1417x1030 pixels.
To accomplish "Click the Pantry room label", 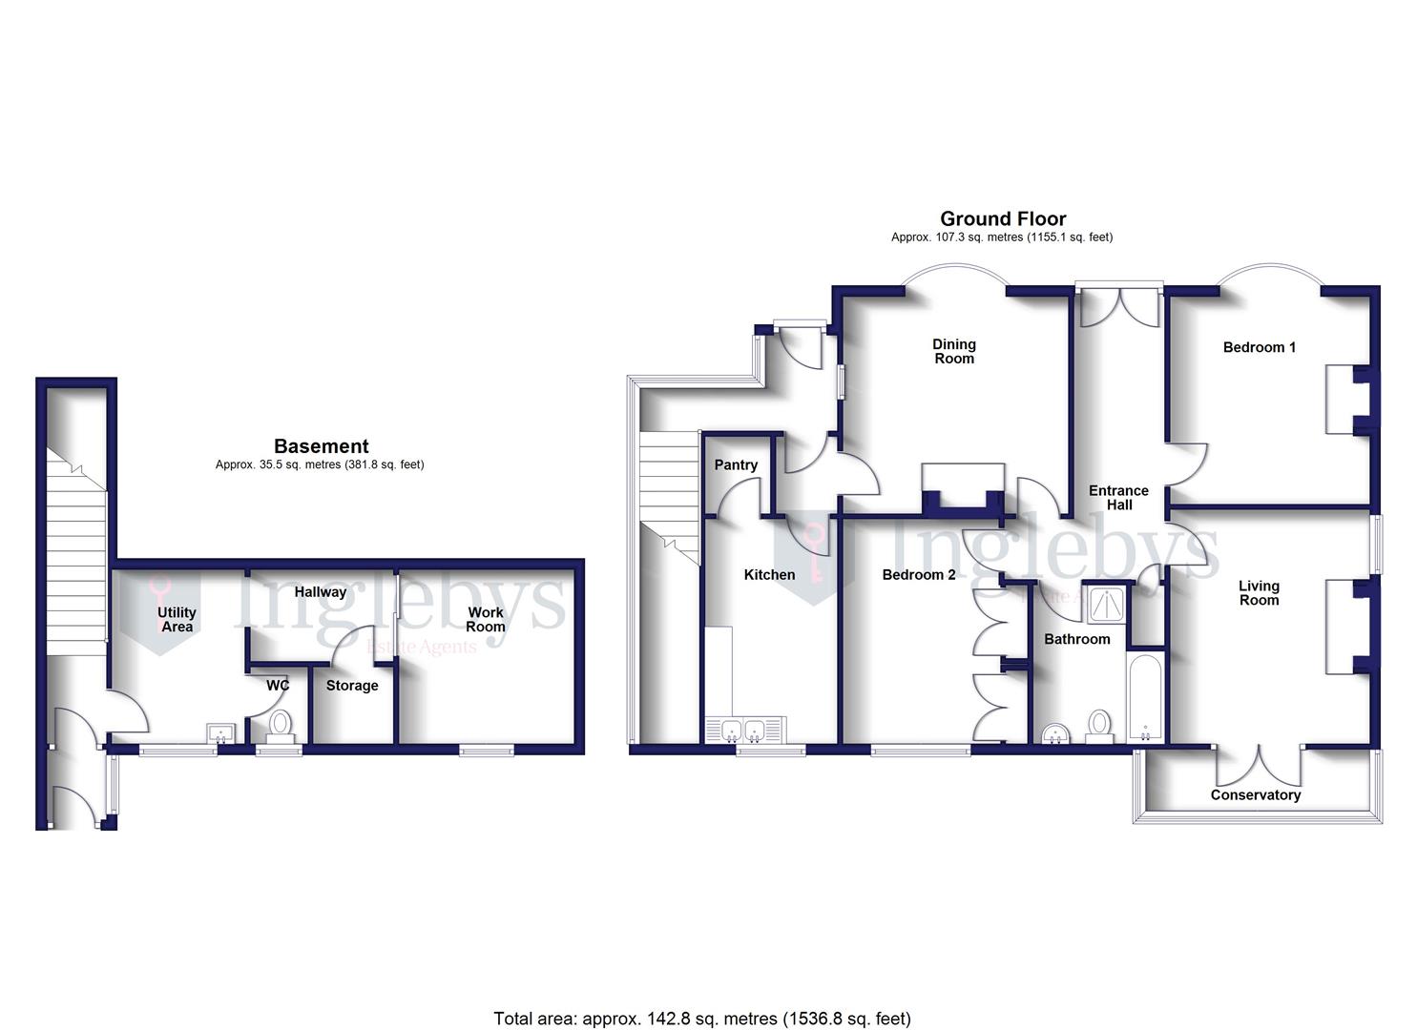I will pos(736,465).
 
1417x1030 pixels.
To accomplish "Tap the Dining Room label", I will pos(954,352).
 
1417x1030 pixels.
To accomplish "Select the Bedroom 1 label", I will pos(1259,347).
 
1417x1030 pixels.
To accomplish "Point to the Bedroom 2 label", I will pos(918,575).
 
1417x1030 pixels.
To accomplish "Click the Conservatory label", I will pos(1255,795).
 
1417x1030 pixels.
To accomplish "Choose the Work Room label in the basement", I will pos(485,620).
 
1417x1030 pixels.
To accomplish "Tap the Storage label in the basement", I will pos(352,686).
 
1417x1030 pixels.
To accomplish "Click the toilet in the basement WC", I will pos(280,724).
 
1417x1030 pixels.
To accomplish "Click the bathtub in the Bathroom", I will pos(1144,696).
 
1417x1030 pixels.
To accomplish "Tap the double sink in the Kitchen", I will pos(743,731).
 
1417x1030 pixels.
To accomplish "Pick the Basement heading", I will pos(321,446).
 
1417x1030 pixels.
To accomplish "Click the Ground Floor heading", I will pos(1003,219).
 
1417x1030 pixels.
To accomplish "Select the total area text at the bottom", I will pos(701,1019).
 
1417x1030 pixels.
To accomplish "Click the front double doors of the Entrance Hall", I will pos(1119,303).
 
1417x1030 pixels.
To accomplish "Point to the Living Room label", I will pos(1259,593).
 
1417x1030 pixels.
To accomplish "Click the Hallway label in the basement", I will pos(320,592).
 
